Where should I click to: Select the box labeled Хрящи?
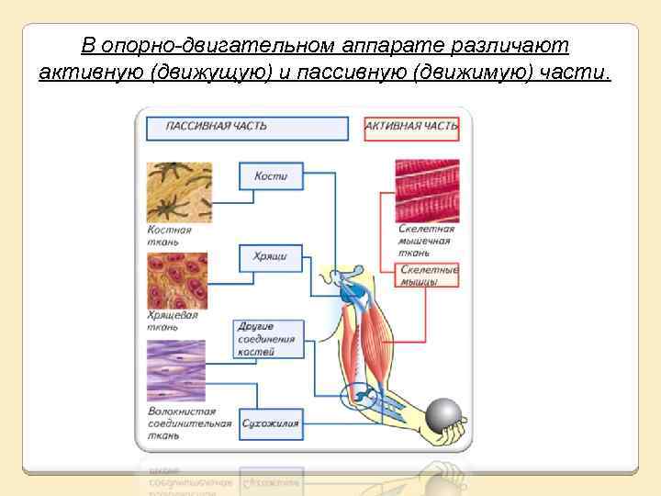pyautogui.click(x=270, y=256)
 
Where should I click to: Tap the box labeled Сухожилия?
pyautogui.click(x=271, y=423)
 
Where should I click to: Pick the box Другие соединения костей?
pyautogui.click(x=267, y=339)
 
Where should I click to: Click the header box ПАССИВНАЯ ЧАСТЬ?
pyautogui.click(x=246, y=127)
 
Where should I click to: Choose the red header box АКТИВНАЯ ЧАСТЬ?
pyautogui.click(x=411, y=127)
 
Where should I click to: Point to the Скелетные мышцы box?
pyautogui.click(x=428, y=276)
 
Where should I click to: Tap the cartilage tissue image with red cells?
pyautogui.click(x=177, y=280)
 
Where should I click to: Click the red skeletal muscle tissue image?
pyautogui.click(x=426, y=188)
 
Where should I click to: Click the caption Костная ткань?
pyautogui.click(x=170, y=236)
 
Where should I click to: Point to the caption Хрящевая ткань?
pyautogui.click(x=172, y=321)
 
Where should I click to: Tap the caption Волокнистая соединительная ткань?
pyautogui.click(x=189, y=423)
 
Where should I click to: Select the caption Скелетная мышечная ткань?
pyautogui.click(x=427, y=241)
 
